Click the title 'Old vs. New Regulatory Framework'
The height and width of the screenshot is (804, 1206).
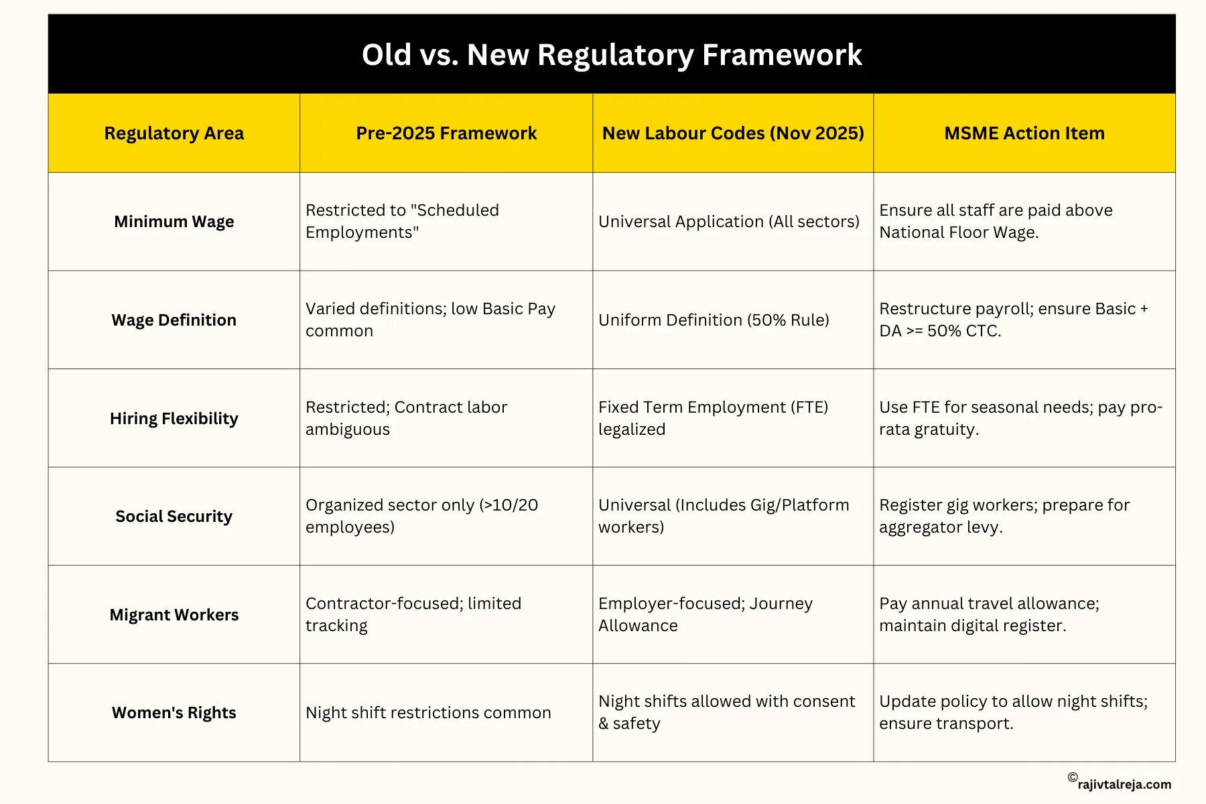(611, 55)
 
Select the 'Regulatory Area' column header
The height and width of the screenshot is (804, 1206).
(174, 133)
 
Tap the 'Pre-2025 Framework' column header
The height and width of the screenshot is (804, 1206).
(446, 133)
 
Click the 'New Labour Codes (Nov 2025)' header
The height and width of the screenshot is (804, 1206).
(733, 133)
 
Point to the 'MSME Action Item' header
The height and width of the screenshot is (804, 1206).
(1024, 133)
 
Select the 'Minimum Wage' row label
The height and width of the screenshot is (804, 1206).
(174, 222)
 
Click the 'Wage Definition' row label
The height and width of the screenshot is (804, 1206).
(174, 320)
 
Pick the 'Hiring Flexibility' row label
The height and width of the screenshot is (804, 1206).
(174, 419)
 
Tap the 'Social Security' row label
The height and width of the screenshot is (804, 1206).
(174, 517)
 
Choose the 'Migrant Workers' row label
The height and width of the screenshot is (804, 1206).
(174, 615)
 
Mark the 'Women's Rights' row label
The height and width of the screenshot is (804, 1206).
(174, 713)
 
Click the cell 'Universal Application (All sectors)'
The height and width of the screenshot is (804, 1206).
(728, 222)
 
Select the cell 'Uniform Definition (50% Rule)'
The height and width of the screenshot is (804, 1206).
(714, 320)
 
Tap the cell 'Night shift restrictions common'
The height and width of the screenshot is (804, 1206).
(428, 713)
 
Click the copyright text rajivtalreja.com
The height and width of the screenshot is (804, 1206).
(1124, 784)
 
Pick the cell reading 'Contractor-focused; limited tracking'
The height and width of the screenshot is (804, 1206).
(413, 614)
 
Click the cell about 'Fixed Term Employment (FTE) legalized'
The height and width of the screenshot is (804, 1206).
(713, 418)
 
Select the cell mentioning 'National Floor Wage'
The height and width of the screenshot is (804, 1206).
(995, 221)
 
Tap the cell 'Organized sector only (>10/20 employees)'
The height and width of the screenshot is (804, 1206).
(421, 516)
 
